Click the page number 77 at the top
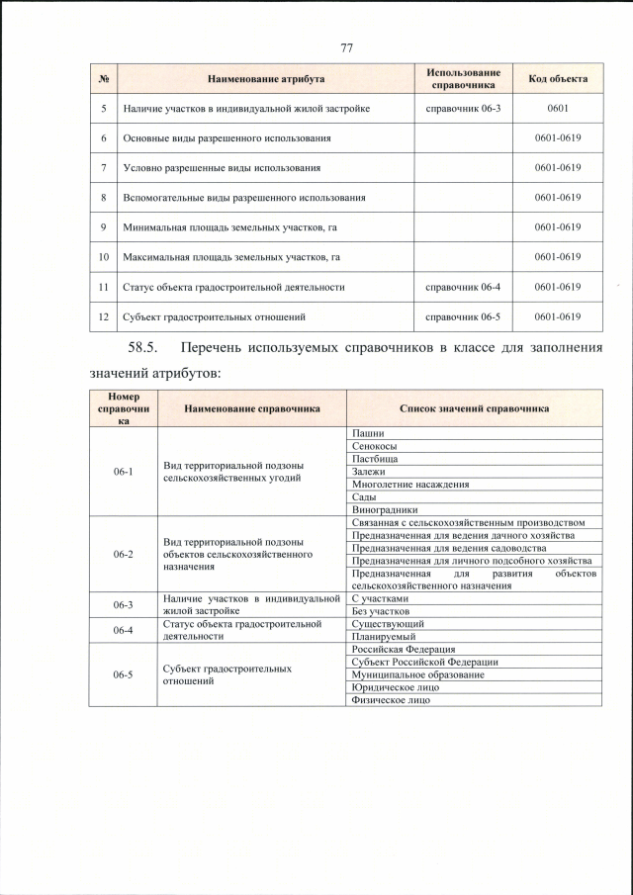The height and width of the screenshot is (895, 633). coord(346,47)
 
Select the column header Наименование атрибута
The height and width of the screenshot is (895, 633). coord(266,78)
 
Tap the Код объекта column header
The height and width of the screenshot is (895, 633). coord(557,78)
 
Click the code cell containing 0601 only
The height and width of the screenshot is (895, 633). coord(557,108)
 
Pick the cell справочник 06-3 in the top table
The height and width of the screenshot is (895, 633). coord(463,108)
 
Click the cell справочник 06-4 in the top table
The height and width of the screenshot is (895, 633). coord(463,287)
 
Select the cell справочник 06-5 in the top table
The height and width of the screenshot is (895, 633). coord(463,317)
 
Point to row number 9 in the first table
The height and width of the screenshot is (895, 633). coord(104,227)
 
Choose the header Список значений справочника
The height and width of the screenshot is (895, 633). coord(475,407)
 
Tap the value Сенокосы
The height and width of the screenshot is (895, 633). coord(373,446)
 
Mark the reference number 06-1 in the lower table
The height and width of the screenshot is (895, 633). coord(123,472)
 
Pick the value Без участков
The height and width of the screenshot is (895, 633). coord(381,611)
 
